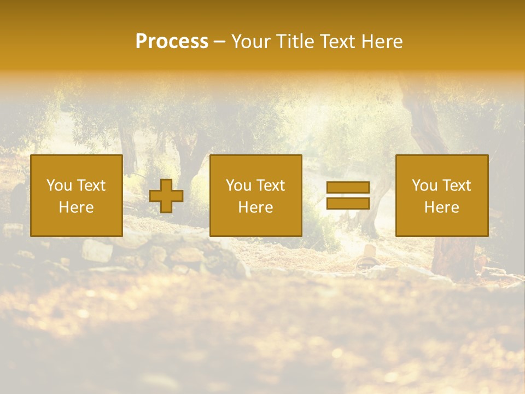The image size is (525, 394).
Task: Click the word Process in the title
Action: (172, 42)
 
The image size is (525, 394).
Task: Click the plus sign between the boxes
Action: (166, 196)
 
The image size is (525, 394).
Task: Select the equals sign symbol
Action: (348, 196)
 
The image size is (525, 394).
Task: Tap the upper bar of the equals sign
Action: (348, 188)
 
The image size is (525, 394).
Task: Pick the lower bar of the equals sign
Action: (348, 204)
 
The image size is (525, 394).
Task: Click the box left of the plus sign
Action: (77, 195)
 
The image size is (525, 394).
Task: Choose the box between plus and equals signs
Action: (255, 195)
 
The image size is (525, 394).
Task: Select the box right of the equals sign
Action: (442, 195)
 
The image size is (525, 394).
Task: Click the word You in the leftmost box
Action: (59, 186)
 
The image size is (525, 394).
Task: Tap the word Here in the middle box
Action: (255, 207)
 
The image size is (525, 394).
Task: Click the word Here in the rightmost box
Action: (442, 207)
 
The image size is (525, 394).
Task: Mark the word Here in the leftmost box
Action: (77, 207)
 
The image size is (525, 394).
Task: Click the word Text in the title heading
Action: (336, 42)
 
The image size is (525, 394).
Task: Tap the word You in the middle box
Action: (238, 186)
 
